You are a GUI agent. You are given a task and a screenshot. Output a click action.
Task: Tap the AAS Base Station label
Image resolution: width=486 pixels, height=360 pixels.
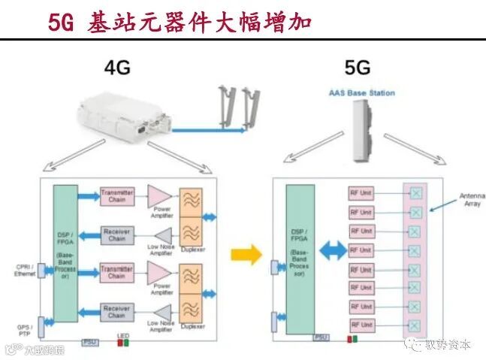click(x=361, y=93)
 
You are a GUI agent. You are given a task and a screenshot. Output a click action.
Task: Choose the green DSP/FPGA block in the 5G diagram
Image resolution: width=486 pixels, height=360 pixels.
click(x=299, y=253)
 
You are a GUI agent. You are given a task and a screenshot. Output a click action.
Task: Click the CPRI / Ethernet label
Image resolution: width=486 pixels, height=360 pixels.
click(x=25, y=271)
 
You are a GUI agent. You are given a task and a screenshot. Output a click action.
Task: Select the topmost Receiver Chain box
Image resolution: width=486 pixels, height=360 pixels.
click(x=116, y=235)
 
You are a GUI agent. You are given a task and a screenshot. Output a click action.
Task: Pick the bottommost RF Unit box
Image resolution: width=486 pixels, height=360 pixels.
click(x=361, y=325)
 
